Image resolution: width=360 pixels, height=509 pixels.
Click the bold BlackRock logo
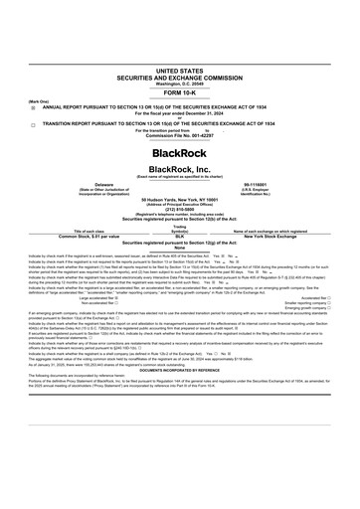click(179, 154)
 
